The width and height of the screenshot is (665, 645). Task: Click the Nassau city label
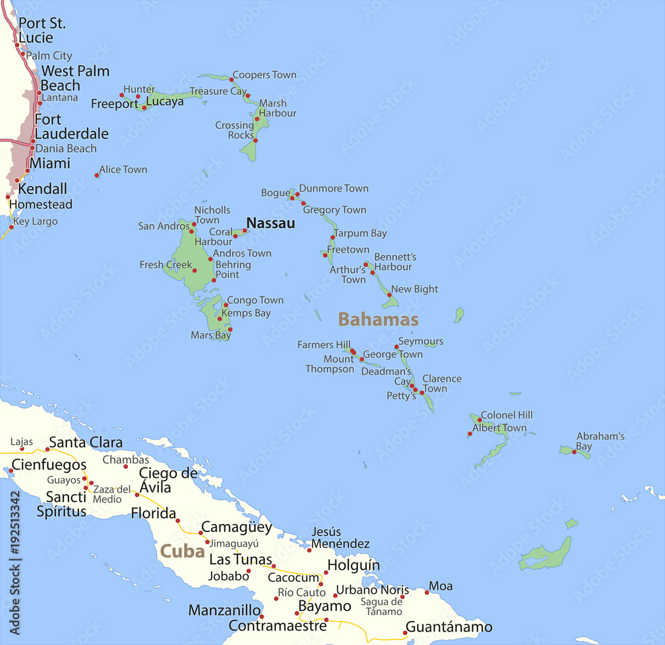click(x=270, y=223)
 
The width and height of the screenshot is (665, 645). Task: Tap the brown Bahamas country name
click(x=378, y=320)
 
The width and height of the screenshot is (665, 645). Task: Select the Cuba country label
click(x=182, y=551)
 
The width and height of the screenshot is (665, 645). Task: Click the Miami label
click(x=50, y=163)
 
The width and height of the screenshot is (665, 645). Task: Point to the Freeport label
click(x=114, y=104)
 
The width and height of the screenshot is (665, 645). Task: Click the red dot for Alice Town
click(x=97, y=176)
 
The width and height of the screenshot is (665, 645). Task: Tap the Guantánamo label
click(x=449, y=627)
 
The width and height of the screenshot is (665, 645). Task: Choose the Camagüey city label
click(x=236, y=527)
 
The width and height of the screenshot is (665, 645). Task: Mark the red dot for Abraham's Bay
click(x=575, y=451)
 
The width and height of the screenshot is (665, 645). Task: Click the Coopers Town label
click(x=265, y=75)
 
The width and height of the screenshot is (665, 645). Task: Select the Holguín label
click(x=353, y=566)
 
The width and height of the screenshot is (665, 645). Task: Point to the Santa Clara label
click(x=86, y=442)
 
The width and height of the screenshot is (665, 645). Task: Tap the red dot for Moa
click(x=427, y=592)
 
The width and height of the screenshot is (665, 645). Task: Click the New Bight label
click(x=414, y=289)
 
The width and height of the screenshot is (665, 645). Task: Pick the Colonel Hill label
click(x=507, y=416)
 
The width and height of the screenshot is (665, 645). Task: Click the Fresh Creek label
click(x=166, y=265)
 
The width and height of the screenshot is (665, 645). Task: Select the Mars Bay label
click(x=211, y=336)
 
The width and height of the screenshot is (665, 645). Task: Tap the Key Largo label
click(x=35, y=222)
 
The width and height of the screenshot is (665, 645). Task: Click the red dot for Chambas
click(x=125, y=466)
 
